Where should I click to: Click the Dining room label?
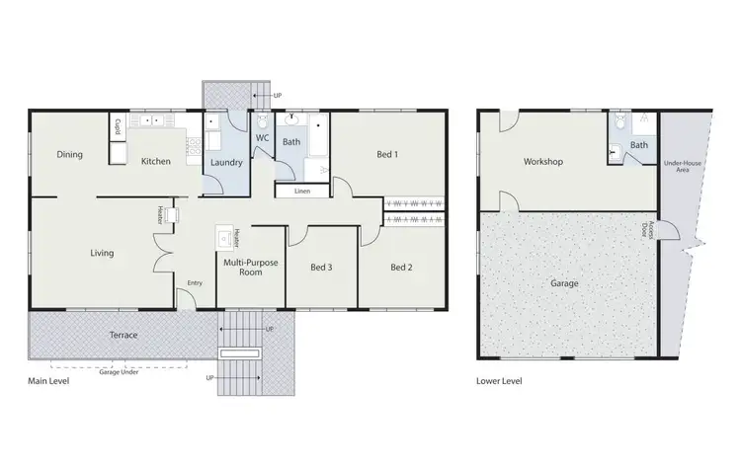69,155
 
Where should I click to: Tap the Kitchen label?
156,161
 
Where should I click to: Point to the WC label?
262,138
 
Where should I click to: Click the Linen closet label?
301,191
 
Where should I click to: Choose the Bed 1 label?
387,155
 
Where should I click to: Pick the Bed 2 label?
400,268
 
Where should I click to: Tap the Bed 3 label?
320,268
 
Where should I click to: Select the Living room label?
102,253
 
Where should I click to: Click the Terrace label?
123,336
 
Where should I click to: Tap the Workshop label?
543,161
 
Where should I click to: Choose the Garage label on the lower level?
564,283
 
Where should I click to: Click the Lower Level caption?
499,381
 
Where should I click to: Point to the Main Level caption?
47,379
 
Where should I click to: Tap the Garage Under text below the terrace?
123,371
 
